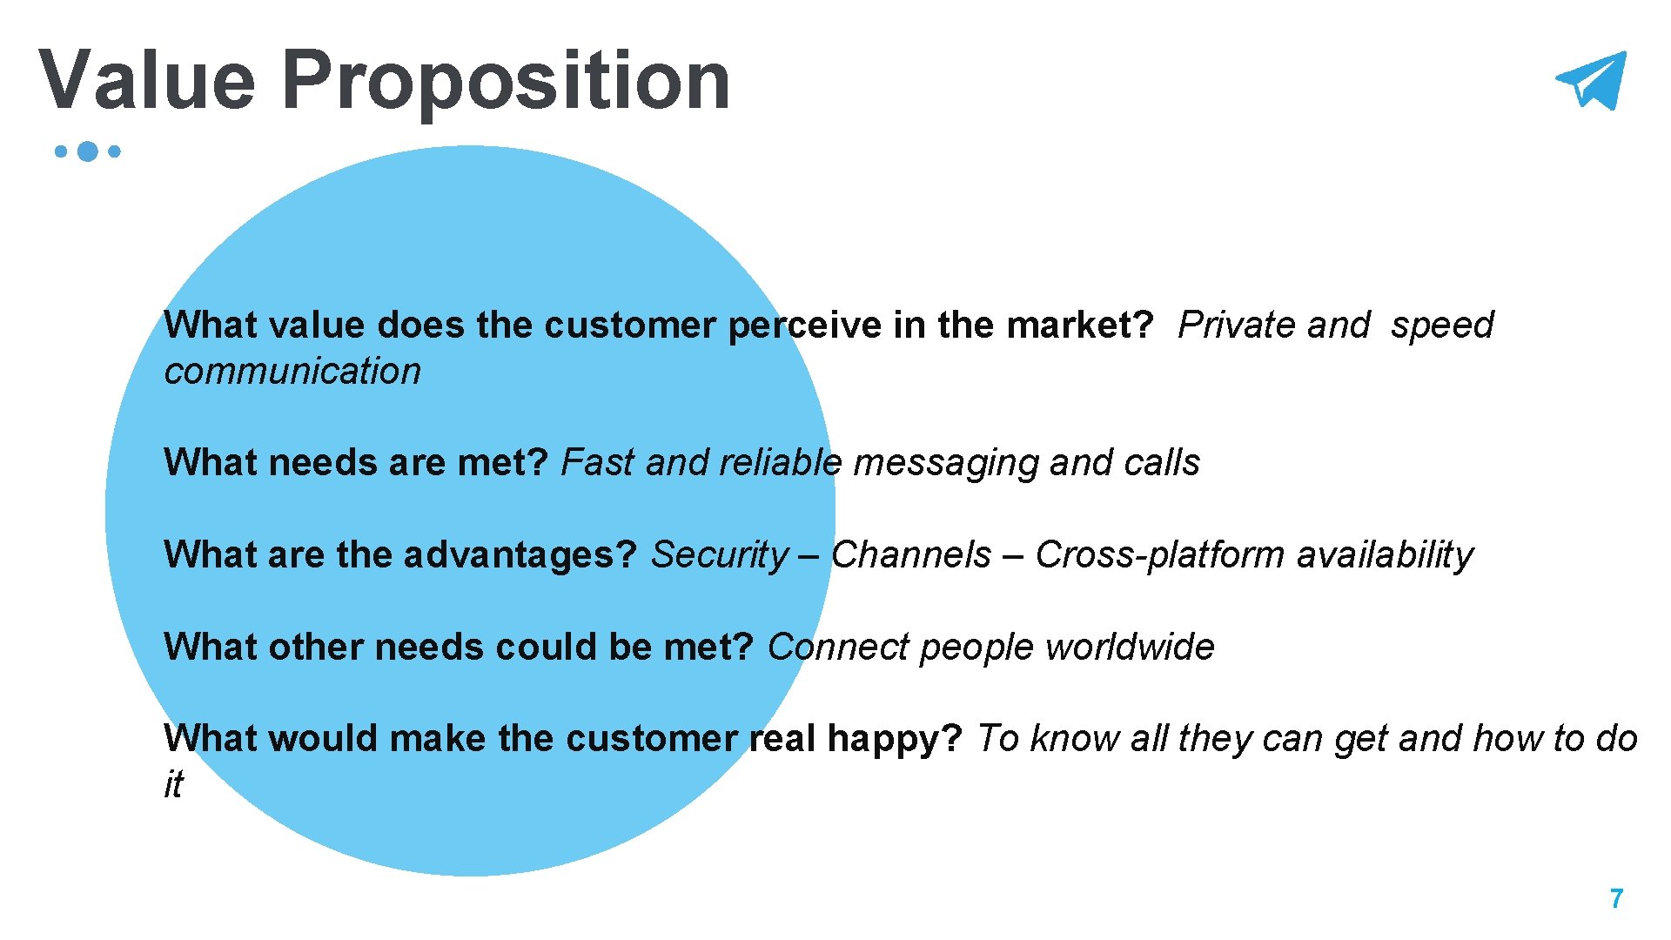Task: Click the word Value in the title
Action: click(147, 80)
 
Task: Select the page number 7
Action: click(1616, 898)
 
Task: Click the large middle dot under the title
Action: click(87, 151)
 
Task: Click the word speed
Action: click(1442, 326)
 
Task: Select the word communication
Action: click(292, 371)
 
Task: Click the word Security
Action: click(719, 554)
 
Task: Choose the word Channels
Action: click(910, 554)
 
